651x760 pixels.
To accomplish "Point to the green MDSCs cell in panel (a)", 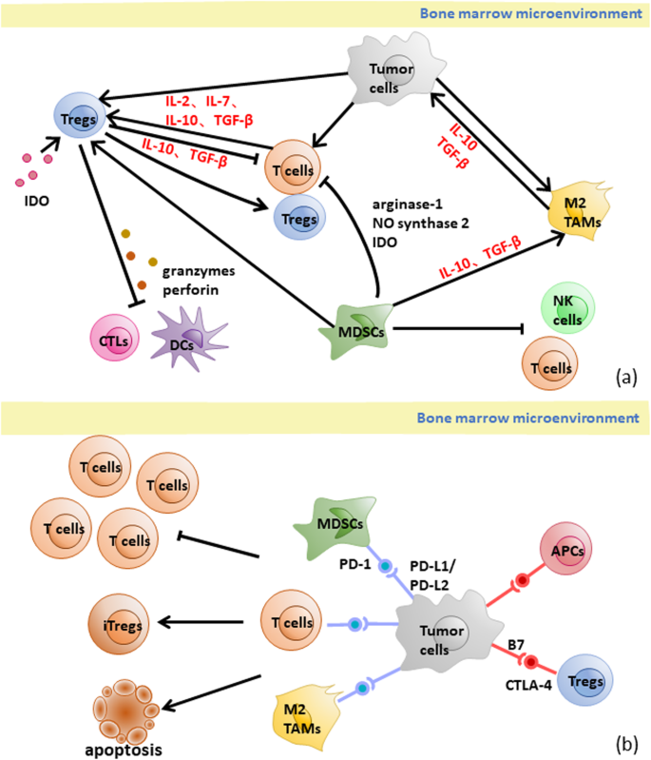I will click(358, 323).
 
